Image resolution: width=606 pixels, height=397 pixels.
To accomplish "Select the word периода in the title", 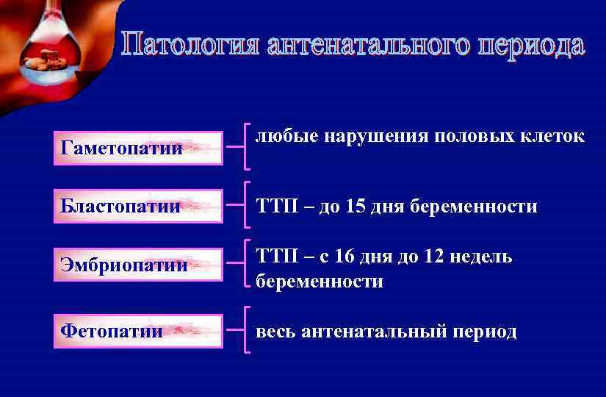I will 521,45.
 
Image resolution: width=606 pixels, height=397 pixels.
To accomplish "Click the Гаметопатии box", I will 138,149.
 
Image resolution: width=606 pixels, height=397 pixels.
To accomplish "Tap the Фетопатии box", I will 138,331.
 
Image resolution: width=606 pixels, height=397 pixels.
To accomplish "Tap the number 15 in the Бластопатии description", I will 355,207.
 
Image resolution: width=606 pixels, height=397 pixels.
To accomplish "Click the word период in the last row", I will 482,332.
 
